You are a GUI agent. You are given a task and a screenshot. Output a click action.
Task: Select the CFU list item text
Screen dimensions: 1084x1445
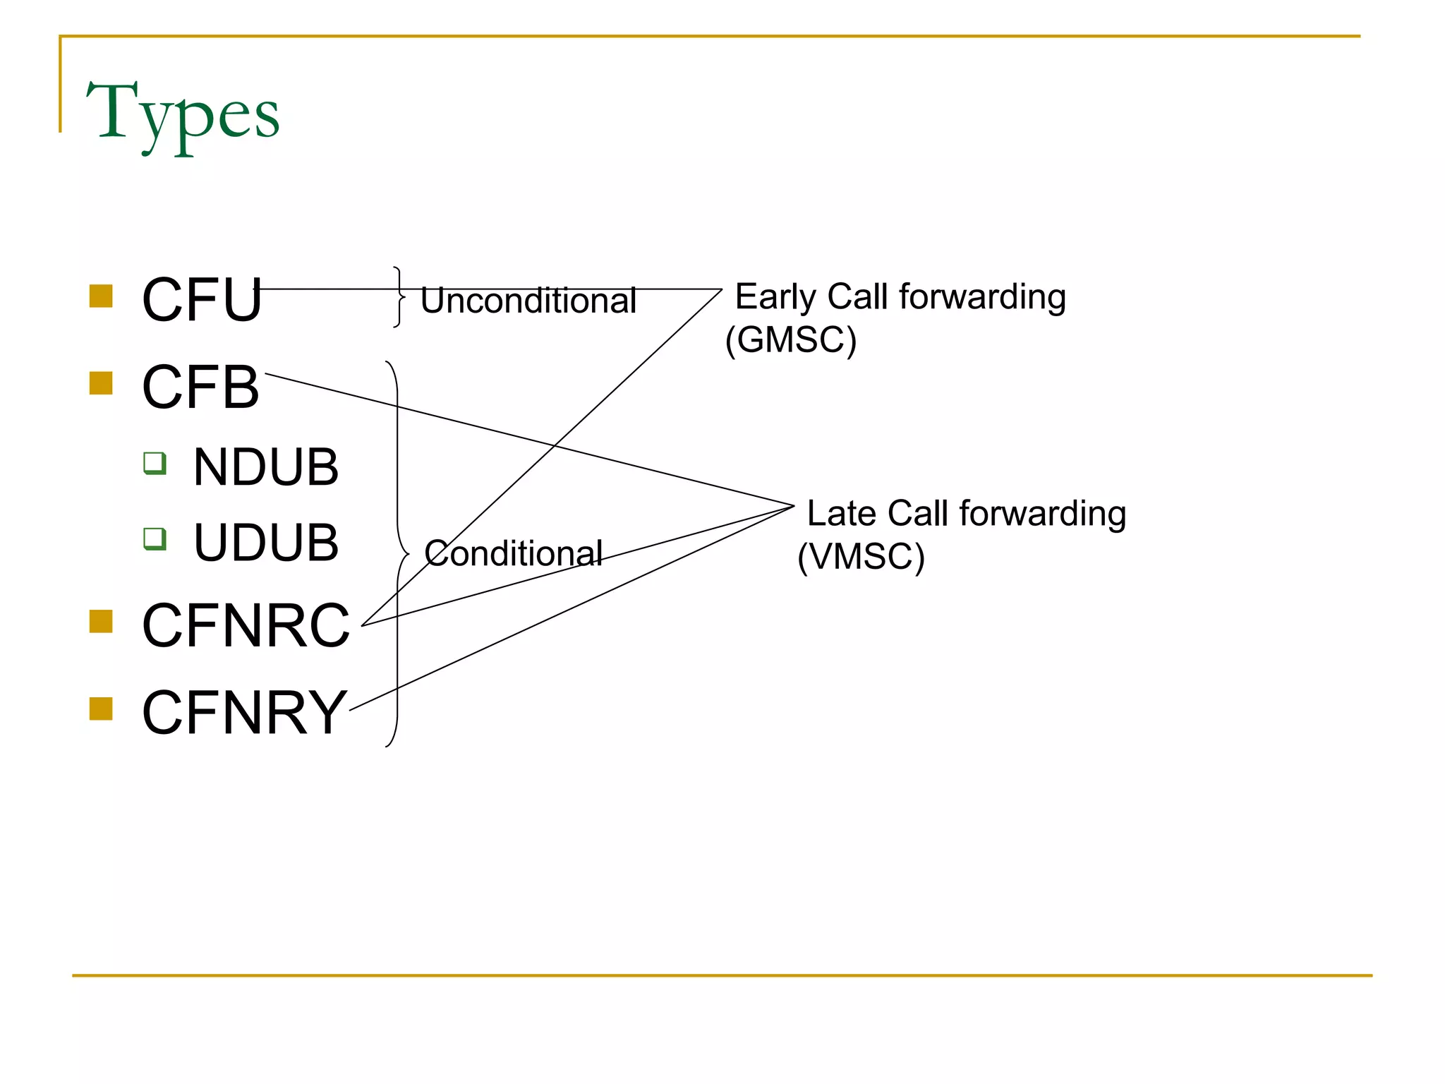202,300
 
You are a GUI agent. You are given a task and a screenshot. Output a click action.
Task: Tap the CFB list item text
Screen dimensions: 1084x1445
200,387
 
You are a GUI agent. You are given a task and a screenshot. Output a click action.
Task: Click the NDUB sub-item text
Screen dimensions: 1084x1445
266,467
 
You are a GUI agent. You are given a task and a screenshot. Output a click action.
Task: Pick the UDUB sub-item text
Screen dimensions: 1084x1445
266,543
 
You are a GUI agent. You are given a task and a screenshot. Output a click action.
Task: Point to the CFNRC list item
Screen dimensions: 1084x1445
246,625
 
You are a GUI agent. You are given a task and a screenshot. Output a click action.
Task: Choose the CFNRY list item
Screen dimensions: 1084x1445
244,713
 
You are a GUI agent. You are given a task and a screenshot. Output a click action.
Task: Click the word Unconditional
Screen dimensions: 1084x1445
528,301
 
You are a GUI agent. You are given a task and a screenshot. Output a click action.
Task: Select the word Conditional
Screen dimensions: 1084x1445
513,553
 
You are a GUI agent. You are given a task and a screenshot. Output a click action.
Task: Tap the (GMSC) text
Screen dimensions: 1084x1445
791,340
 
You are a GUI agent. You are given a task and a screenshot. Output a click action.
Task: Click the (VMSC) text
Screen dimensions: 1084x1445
861,557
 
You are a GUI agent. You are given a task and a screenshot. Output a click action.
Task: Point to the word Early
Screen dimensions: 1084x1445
775,297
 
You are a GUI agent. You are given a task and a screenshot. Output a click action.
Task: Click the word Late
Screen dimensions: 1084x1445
841,514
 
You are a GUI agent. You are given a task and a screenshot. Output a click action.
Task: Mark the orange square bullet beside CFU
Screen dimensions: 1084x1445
102,296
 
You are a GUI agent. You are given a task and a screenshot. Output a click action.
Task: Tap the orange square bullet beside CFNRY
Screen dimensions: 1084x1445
102,709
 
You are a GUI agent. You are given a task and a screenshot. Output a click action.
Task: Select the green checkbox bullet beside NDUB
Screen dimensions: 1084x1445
155,464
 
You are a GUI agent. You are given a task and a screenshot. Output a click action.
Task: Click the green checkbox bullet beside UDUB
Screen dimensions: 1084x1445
155,539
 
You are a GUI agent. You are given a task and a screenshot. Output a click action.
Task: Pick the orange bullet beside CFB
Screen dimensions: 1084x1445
102,384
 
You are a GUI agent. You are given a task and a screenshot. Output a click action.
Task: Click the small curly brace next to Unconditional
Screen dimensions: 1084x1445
399,297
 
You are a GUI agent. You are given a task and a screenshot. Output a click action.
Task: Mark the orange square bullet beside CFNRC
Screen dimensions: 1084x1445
102,622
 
